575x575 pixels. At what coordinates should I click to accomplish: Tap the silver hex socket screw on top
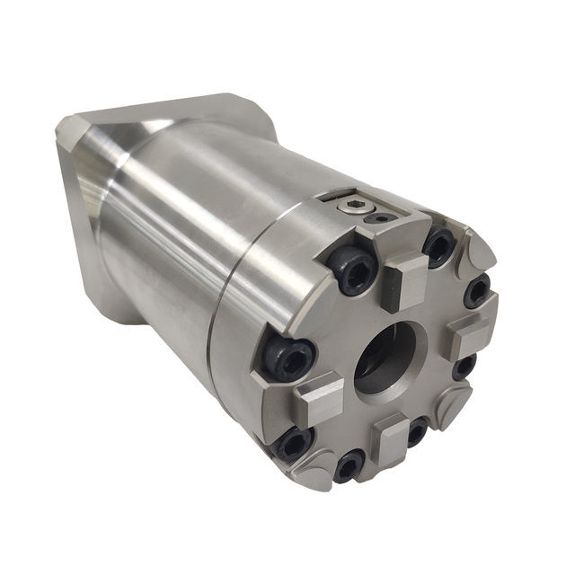352,208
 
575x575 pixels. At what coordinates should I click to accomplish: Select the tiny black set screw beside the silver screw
384,217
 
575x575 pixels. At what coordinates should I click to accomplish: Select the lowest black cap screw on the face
348,466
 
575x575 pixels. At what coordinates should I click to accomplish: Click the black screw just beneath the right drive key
464,367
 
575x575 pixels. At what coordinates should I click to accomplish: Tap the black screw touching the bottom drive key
416,429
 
